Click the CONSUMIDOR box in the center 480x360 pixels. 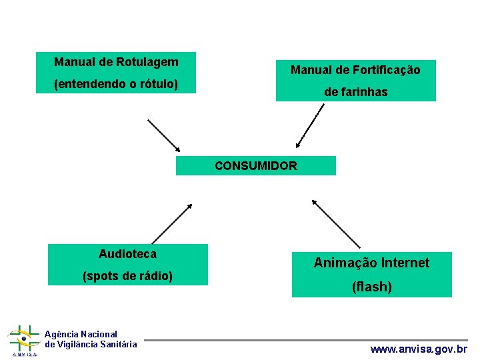point(256,166)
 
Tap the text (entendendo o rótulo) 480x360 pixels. point(116,84)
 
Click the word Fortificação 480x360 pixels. point(387,70)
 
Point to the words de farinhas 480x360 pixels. point(355,92)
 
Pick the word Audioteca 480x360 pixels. point(127,253)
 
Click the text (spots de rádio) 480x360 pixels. point(127,276)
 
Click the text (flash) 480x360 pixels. point(372,287)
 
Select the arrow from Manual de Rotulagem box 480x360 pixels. point(164,136)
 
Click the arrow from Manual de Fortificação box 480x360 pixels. point(310,125)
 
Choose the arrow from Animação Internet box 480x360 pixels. point(336,224)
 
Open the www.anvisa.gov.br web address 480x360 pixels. point(419,349)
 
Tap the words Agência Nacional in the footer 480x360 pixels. point(81,334)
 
